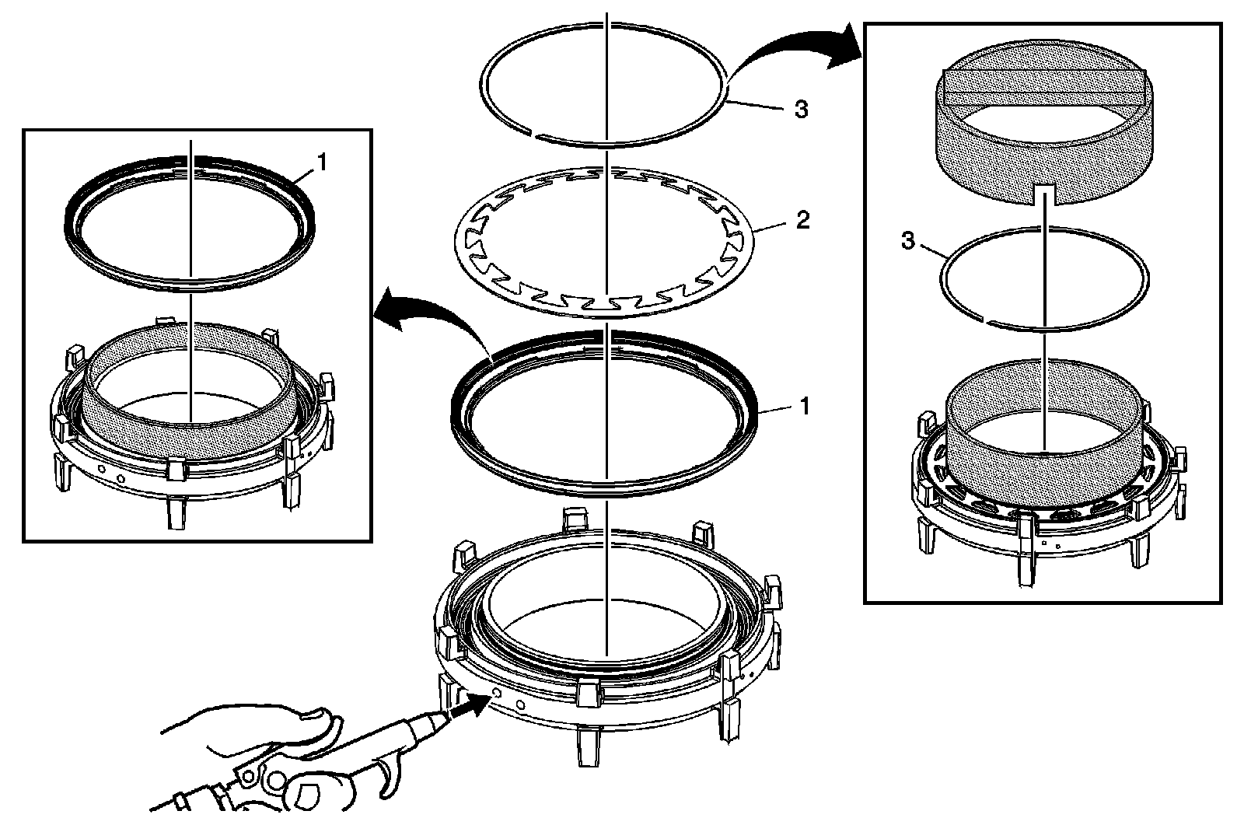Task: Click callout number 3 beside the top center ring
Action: (800, 110)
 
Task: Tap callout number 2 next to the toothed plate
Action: (802, 221)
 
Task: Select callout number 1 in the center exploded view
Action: (805, 406)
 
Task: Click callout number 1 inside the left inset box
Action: (323, 163)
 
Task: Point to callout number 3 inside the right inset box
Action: (907, 241)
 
